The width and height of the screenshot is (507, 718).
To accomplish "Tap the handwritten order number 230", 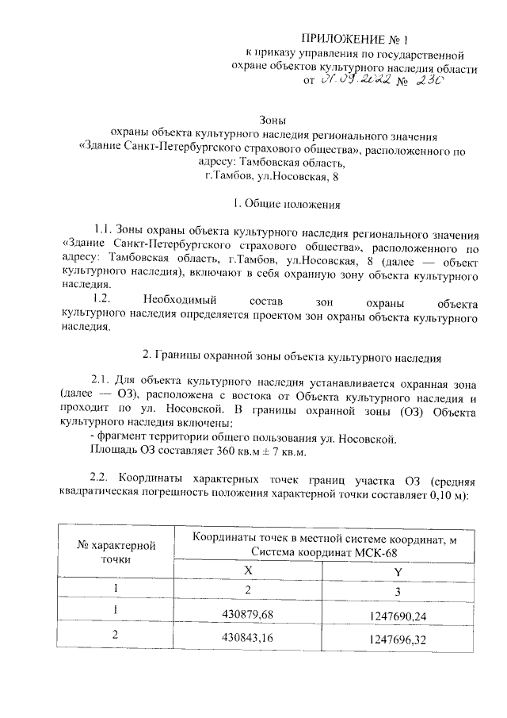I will click(433, 80).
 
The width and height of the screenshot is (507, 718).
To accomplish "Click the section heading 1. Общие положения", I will click(283, 204).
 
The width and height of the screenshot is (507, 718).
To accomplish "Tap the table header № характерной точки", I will click(116, 551).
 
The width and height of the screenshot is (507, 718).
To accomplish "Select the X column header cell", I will click(248, 570).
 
